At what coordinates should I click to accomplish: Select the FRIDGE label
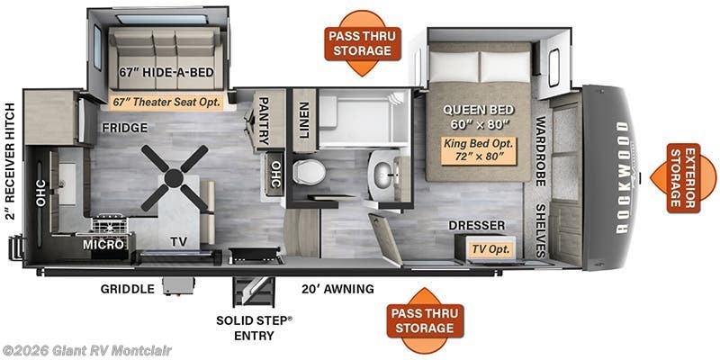point(124,128)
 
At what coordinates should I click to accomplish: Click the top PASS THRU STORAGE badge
point(363,42)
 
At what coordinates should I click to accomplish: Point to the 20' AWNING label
point(338,289)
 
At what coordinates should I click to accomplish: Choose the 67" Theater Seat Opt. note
point(166,103)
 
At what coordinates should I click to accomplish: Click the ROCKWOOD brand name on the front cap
point(622,177)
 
